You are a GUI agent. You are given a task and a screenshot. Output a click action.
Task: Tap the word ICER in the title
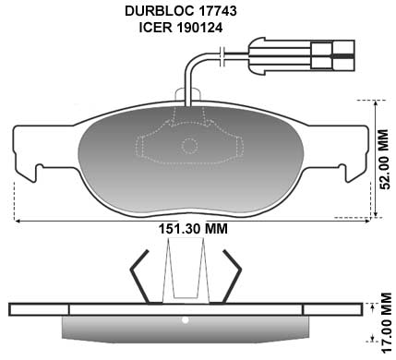(156, 28)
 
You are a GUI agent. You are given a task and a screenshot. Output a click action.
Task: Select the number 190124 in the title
(199, 28)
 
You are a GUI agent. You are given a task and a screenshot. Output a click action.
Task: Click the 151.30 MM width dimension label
(193, 229)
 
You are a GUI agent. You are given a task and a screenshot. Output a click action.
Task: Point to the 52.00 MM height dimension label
(384, 159)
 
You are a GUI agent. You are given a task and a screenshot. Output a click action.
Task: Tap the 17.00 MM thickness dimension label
(386, 323)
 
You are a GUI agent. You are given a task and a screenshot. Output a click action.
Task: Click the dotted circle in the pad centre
(189, 147)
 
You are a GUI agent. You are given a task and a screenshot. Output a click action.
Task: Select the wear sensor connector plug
(302, 56)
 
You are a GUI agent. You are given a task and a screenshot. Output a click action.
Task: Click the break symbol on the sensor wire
(223, 56)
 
